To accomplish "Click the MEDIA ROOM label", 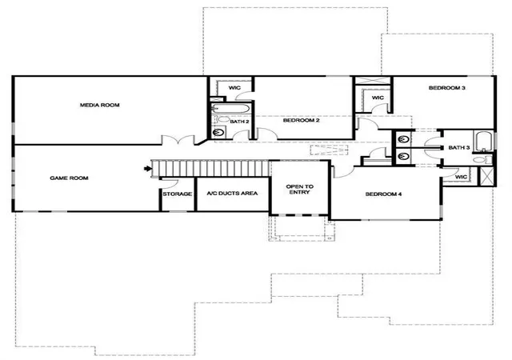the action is coord(99,105).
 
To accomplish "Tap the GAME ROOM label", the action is coord(69,178).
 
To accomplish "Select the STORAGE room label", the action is coord(178,194).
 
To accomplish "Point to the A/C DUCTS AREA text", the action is coord(232,194).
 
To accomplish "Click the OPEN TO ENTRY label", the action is coord(299,190).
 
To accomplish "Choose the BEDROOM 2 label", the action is coord(301,120).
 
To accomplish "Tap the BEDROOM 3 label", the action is coord(446,88).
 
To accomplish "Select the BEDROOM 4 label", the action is coord(383,194).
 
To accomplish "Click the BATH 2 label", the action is coord(239,122).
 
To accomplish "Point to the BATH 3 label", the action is coord(458,148).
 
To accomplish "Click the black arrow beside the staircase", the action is coord(147,169).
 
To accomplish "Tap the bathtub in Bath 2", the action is coord(230,108).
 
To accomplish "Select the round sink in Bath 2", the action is coord(218,132).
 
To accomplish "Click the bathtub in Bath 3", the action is coord(483,142).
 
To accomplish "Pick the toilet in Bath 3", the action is coord(482,159).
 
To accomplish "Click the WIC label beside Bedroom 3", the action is coord(378,98).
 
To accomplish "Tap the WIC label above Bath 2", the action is coord(234,87).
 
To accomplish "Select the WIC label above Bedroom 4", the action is coord(461,177).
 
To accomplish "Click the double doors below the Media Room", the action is coord(178,140).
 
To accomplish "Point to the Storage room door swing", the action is coord(170,183).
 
